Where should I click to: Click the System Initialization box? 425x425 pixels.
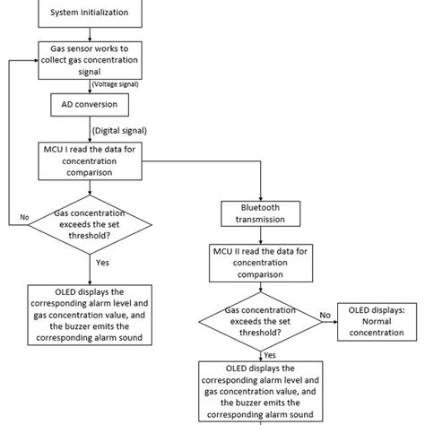coord(89,13)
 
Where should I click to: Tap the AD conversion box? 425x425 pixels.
coord(89,103)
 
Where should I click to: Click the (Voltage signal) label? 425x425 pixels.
coord(117,83)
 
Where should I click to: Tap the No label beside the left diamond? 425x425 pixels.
coord(24,217)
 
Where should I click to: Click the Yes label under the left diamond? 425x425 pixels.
coord(102,265)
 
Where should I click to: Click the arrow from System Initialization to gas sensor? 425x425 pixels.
coord(89,32)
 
